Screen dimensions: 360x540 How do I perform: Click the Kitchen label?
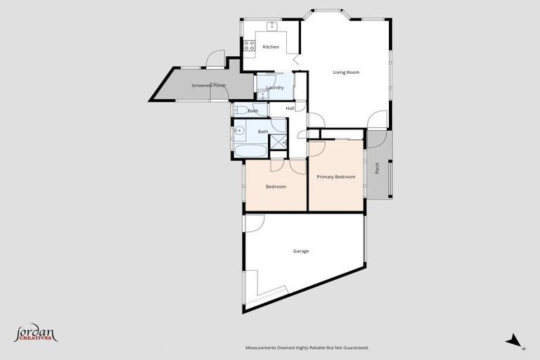(271, 47)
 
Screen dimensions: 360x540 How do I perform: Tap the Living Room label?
(346, 72)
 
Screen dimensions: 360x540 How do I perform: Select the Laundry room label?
(274, 88)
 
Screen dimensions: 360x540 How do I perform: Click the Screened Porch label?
(208, 86)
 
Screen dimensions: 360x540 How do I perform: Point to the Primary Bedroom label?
(335, 176)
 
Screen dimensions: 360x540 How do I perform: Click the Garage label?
(301, 251)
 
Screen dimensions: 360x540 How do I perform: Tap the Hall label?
(290, 108)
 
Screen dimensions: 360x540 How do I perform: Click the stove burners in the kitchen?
(249, 46)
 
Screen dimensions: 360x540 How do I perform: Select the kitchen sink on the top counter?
(272, 26)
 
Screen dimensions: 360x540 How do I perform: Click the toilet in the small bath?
(239, 110)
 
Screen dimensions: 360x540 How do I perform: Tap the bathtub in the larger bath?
(250, 151)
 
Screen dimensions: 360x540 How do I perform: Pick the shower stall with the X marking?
(279, 142)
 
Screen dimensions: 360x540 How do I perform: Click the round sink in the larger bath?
(240, 130)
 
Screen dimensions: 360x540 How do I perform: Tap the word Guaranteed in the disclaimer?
(354, 347)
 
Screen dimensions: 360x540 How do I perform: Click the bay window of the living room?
(325, 12)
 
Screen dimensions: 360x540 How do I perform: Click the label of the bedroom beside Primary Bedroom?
(276, 186)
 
